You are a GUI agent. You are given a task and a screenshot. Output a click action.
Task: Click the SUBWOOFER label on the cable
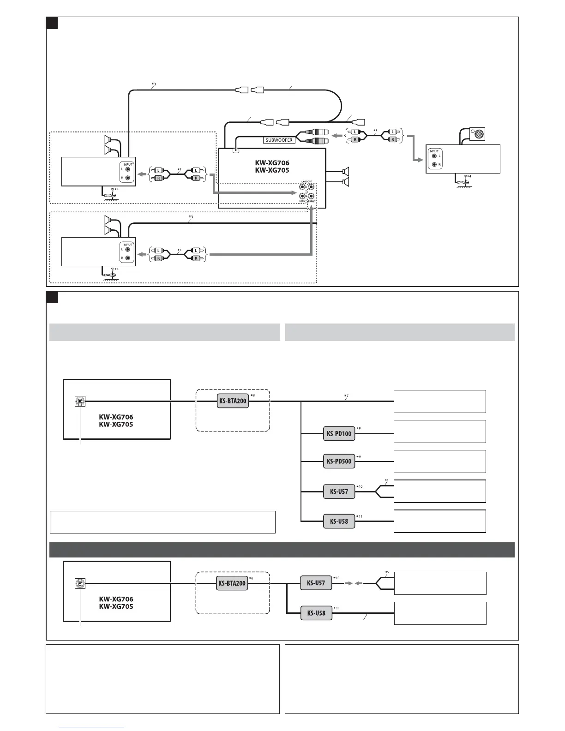coord(279,140)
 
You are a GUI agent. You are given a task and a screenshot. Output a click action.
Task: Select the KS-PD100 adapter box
coord(339,433)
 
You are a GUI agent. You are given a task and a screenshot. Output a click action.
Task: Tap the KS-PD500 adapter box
coord(339,461)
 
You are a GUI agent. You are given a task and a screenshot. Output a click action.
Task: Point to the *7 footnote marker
coord(346,396)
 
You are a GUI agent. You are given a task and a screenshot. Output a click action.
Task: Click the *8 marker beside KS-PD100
coord(358,429)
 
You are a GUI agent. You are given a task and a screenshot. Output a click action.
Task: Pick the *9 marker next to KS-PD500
coord(358,456)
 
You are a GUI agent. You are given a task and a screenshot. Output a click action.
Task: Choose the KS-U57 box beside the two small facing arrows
coord(316,583)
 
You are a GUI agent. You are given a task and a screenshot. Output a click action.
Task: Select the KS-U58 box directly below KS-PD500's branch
coord(339,521)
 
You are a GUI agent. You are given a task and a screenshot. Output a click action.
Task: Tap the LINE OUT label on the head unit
coord(307,182)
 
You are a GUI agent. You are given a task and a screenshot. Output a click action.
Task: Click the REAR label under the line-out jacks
coord(302,201)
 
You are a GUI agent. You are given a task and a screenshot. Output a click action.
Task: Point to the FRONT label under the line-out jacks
coord(313,201)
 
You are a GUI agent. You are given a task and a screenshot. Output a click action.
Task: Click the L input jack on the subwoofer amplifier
coord(434,156)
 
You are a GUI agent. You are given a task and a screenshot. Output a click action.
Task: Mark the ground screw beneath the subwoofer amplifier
coord(466,177)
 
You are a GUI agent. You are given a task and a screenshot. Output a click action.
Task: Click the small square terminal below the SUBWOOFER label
coord(236,150)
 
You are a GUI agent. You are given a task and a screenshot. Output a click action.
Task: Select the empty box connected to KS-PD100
coord(439,431)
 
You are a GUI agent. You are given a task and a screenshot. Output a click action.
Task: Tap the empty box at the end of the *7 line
coord(439,401)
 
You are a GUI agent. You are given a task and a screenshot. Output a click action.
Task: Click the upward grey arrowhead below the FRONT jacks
coord(313,209)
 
